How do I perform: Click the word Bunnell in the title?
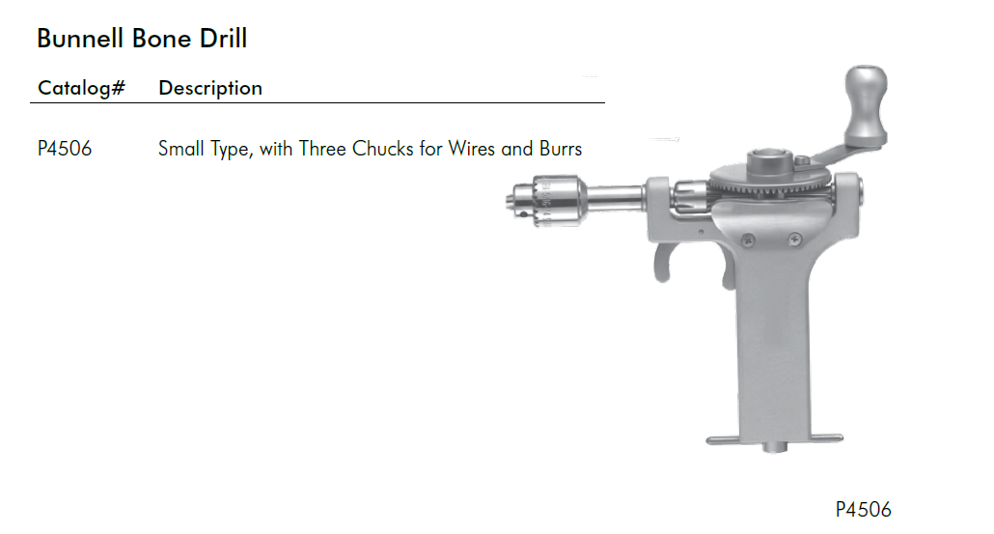(80, 39)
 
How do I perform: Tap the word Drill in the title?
(223, 39)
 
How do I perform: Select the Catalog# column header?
(82, 88)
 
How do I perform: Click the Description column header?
(210, 88)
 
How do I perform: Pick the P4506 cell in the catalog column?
(65, 149)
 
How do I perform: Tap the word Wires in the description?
(472, 149)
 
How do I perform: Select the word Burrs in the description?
(561, 149)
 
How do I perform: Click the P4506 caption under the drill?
(863, 509)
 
